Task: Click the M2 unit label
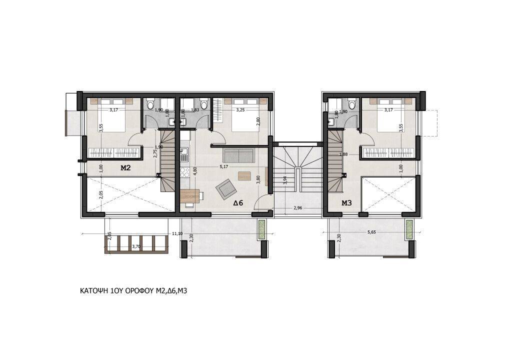click(125, 168)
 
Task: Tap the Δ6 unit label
click(238, 203)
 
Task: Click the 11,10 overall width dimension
click(176, 233)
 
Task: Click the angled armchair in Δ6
click(224, 188)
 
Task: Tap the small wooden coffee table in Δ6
click(244, 176)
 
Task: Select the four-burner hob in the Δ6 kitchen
click(184, 172)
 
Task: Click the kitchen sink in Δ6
click(184, 152)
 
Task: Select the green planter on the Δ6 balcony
click(262, 230)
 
